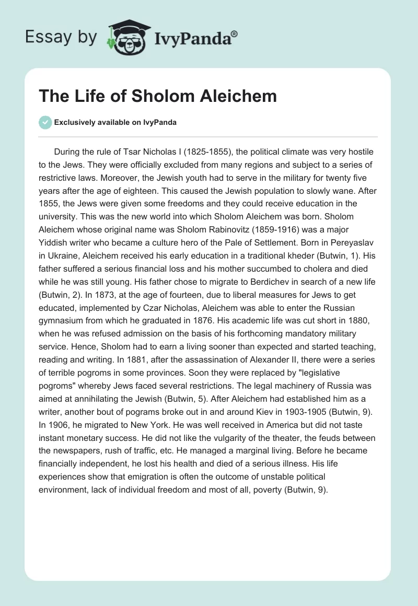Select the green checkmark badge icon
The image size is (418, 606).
tap(45, 122)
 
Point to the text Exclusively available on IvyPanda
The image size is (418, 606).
tap(115, 122)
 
